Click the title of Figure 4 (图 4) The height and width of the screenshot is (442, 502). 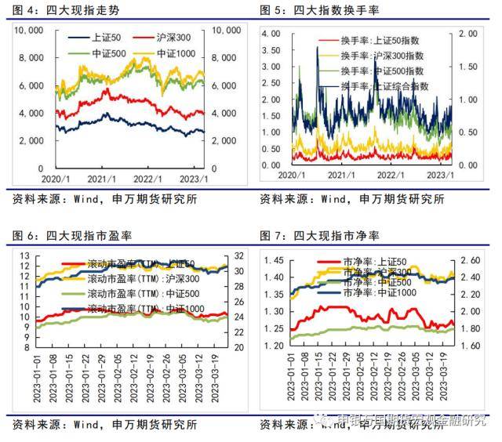tap(66, 10)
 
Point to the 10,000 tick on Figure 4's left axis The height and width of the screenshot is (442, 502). tap(31, 31)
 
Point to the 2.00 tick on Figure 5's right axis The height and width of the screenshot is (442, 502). tap(468, 34)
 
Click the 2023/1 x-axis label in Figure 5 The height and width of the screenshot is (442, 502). tap(439, 174)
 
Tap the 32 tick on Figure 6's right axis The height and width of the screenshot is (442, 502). tap(241, 256)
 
